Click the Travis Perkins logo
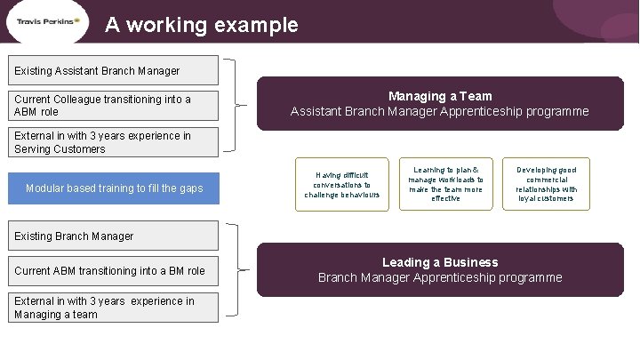coord(48,21)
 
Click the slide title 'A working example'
coord(201,25)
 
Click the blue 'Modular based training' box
coord(114,188)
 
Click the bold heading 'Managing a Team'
coord(440,96)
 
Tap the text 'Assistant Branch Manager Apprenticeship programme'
coord(440,112)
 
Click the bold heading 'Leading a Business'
coord(440,262)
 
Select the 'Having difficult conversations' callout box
coord(341,185)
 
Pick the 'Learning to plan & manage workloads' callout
coord(445,184)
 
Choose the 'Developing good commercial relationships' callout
coord(547,184)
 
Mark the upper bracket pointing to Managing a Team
coord(236,105)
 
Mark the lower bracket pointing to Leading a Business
coord(236,269)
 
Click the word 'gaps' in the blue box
coord(191,188)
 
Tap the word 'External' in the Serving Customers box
coord(35,136)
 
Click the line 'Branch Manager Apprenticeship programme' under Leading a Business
coord(440,277)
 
